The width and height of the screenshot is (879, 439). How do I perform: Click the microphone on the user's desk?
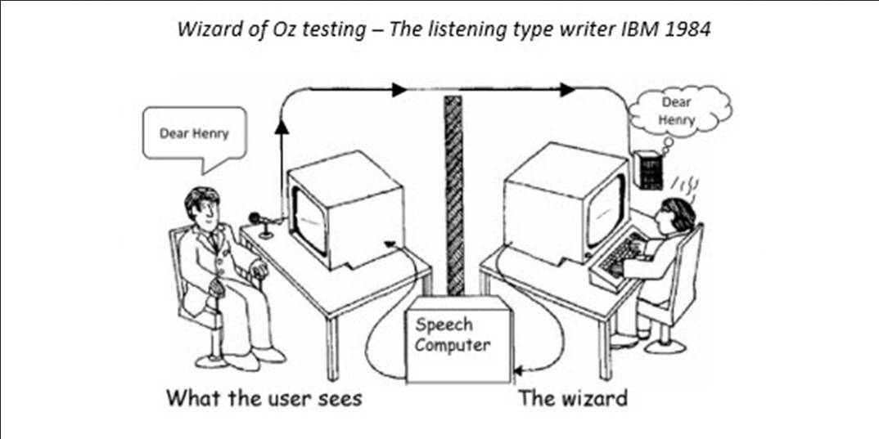click(x=258, y=219)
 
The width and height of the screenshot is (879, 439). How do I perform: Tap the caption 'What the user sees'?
click(x=264, y=399)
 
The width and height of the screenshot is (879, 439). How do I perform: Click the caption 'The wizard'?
click(x=574, y=399)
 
